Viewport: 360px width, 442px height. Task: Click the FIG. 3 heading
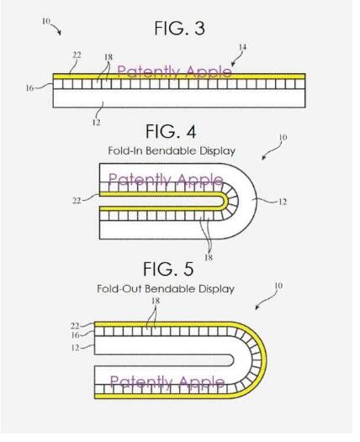(180, 29)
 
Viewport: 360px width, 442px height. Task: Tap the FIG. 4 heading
(171, 131)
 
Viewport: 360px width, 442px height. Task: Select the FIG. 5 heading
(168, 269)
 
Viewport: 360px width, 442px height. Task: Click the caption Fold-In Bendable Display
(172, 150)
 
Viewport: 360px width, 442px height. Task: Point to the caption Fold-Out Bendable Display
(166, 289)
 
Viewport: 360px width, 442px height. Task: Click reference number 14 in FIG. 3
(242, 47)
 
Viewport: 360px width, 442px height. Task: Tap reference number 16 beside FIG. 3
(29, 88)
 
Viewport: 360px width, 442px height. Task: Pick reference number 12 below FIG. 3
(96, 123)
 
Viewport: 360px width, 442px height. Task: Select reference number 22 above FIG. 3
(77, 55)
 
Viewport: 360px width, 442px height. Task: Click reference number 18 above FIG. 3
(109, 57)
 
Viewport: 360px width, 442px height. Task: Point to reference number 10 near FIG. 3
(45, 21)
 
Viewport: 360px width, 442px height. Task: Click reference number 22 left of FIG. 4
(77, 201)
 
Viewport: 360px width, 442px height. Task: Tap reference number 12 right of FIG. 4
(283, 202)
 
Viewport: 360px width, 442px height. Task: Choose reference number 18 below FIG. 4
(209, 257)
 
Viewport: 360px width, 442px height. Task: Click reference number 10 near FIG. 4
(283, 137)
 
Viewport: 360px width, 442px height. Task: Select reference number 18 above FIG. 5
(156, 301)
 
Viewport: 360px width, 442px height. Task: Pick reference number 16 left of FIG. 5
(75, 335)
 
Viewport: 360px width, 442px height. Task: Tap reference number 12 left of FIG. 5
(75, 348)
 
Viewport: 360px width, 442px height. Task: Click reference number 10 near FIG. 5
(278, 286)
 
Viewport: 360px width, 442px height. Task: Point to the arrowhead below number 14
(233, 64)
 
